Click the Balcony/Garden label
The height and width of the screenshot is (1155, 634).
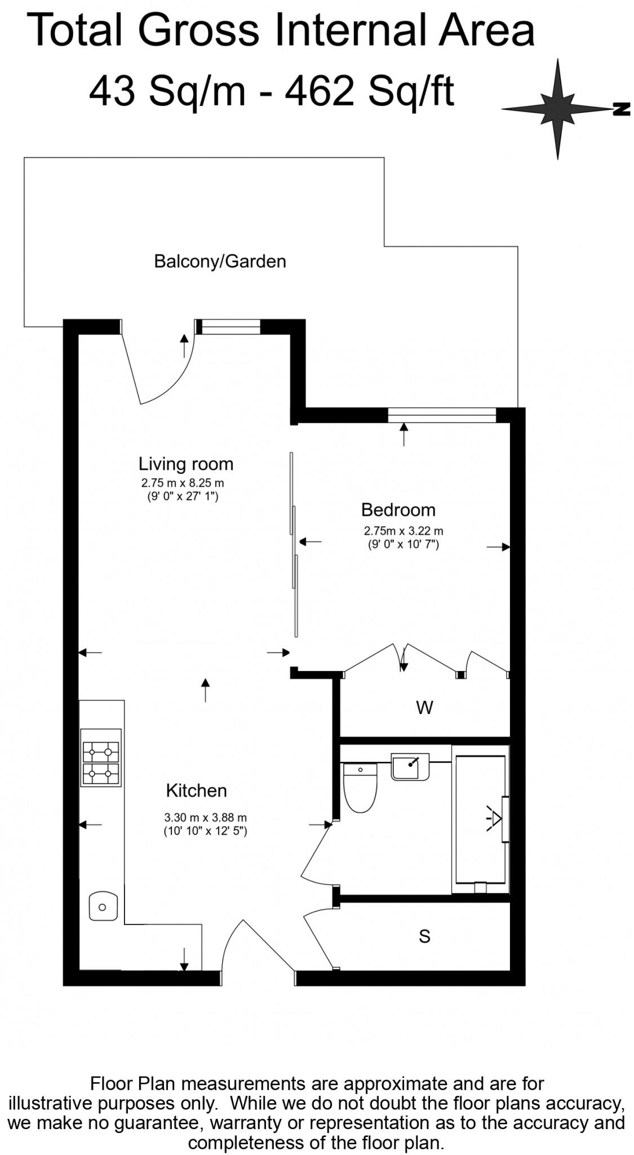point(220,262)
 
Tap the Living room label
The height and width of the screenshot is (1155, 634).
point(185,464)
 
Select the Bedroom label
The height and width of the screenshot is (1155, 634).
point(398,510)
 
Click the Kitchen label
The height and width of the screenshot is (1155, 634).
point(196,791)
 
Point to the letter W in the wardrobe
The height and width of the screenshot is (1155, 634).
point(424,708)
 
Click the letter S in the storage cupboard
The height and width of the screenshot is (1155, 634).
point(424,937)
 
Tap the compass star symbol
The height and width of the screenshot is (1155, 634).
point(557,108)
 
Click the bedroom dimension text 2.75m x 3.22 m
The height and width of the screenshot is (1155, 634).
point(404,531)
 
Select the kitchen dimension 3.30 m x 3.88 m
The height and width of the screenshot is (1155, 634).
point(205,817)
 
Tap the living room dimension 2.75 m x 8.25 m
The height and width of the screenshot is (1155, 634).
point(182,483)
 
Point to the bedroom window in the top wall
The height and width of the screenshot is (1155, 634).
point(442,416)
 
